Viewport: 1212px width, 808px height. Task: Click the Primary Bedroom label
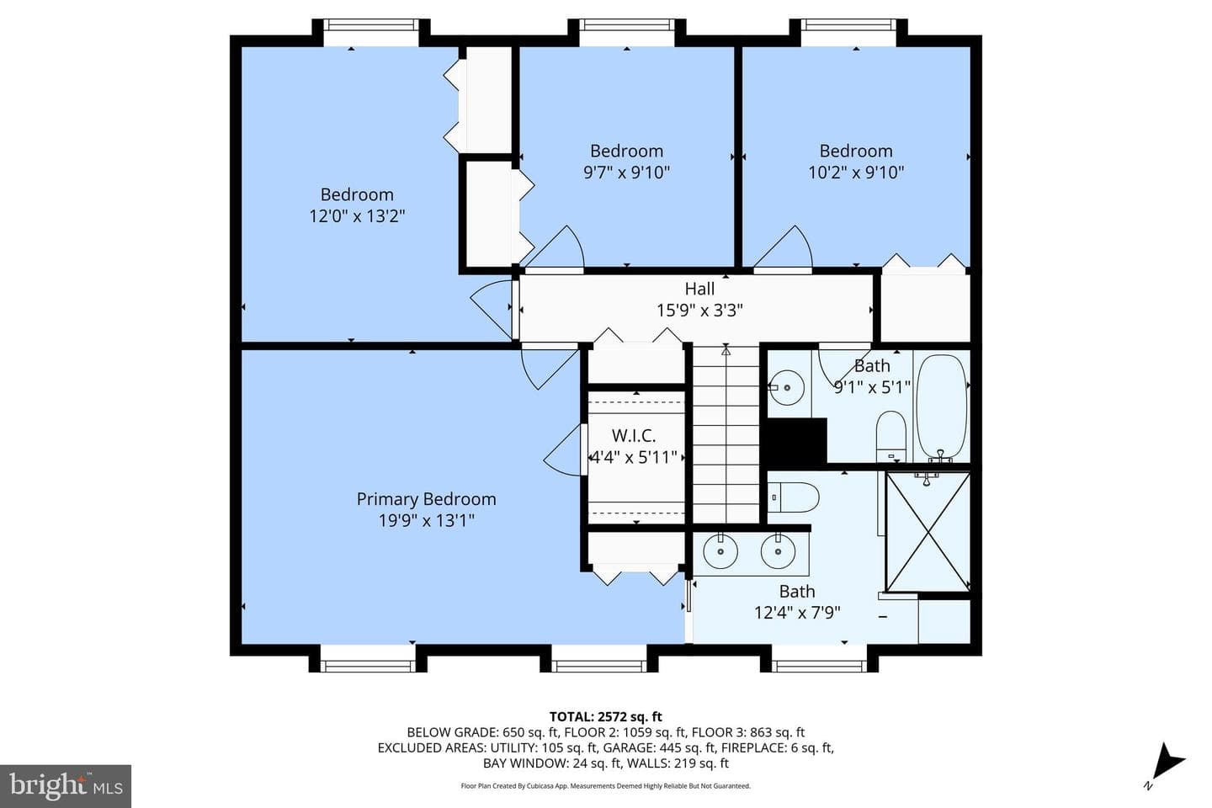click(427, 499)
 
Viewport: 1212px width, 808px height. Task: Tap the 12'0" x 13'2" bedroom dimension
click(357, 216)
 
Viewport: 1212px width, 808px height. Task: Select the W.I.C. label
click(634, 435)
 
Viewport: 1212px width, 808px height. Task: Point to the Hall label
click(699, 289)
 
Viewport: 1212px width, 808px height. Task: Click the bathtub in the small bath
click(942, 407)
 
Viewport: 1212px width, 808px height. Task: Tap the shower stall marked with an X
click(928, 532)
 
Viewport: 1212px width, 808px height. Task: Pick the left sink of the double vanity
click(720, 551)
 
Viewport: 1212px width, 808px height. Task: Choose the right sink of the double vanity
click(778, 551)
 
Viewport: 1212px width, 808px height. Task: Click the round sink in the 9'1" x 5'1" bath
click(787, 387)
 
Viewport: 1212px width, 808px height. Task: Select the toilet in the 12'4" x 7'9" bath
click(793, 497)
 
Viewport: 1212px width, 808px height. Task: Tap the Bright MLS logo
click(66, 786)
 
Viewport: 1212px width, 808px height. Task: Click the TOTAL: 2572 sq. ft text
click(606, 716)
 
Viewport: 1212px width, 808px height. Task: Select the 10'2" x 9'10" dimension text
click(856, 173)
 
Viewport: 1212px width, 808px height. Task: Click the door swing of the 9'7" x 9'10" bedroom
click(557, 247)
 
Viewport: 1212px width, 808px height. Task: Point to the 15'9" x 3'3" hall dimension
click(699, 311)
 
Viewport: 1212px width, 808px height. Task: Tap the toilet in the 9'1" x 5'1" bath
click(891, 436)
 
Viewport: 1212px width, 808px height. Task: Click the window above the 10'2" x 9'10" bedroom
click(848, 25)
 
